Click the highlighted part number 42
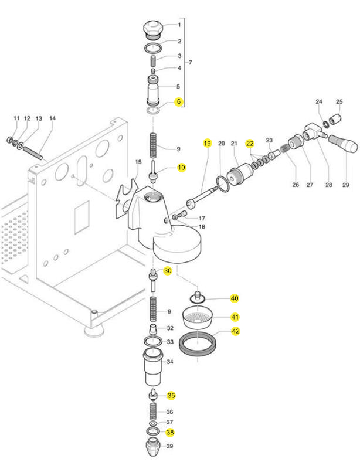click(236, 331)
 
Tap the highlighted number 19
click(207, 143)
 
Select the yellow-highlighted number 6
click(179, 101)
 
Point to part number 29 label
click(345, 185)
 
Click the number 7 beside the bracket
click(190, 62)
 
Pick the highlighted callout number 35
click(171, 396)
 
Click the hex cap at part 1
click(152, 28)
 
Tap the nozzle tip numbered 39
click(153, 450)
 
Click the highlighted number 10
click(181, 168)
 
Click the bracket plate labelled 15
click(128, 198)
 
